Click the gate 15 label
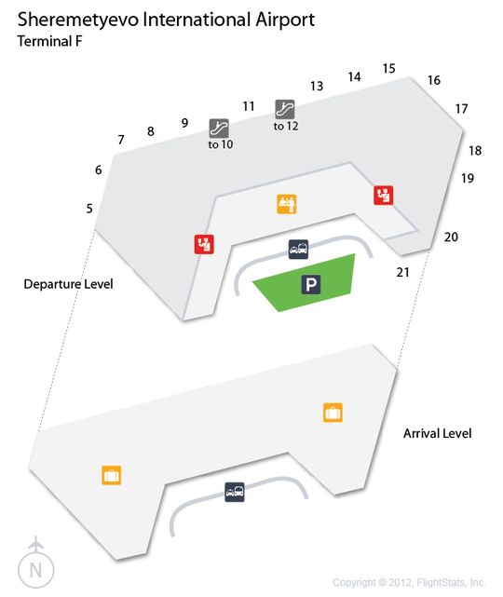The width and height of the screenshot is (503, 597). pyautogui.click(x=388, y=69)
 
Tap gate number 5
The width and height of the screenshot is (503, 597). pyautogui.click(x=89, y=209)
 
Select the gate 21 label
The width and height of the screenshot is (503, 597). pyautogui.click(x=402, y=272)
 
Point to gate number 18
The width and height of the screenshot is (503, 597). pyautogui.click(x=475, y=151)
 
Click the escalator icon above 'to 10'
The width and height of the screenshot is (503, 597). pyautogui.click(x=219, y=129)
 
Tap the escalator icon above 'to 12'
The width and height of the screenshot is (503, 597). pyautogui.click(x=285, y=110)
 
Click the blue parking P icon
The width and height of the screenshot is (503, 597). pyautogui.click(x=311, y=284)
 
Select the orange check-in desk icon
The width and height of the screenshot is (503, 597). pyautogui.click(x=286, y=204)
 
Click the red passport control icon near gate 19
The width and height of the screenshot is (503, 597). pyautogui.click(x=384, y=196)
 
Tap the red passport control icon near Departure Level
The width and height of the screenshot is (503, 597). pyautogui.click(x=204, y=244)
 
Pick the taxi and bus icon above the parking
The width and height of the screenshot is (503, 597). pyautogui.click(x=298, y=250)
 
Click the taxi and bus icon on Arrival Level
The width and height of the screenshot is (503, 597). pyautogui.click(x=235, y=492)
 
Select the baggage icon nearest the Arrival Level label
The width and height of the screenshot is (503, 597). pyautogui.click(x=333, y=413)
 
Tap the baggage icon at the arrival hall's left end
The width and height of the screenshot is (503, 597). pyautogui.click(x=112, y=475)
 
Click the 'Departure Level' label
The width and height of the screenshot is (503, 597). pyautogui.click(x=68, y=284)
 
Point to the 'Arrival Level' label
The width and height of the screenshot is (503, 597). pyautogui.click(x=437, y=433)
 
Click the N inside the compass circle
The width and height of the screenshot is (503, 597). pyautogui.click(x=35, y=571)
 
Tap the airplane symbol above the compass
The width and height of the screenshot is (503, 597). pyautogui.click(x=35, y=543)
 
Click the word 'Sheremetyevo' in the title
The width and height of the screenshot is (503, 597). pyautogui.click(x=78, y=20)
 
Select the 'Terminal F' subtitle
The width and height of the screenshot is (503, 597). pyautogui.click(x=50, y=41)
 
